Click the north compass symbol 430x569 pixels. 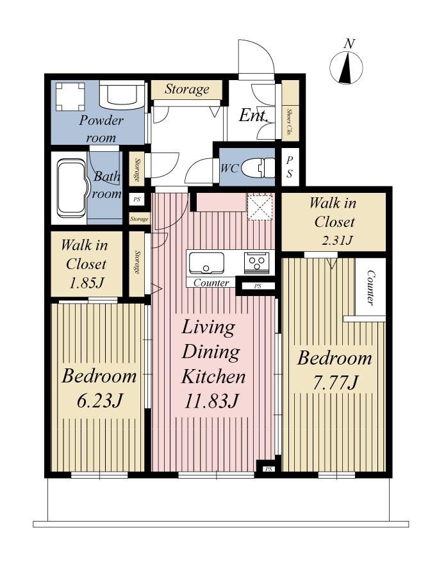pos(346,67)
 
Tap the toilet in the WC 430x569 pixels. pos(257,167)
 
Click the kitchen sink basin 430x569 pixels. pos(206,262)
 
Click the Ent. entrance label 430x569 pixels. pos(254,116)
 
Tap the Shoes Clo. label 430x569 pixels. pos(290,121)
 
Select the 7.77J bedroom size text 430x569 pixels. pos(335,383)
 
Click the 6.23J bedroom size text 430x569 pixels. pos(99,400)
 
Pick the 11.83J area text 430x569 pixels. pos(211,401)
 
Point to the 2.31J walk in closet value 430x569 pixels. pos(337,240)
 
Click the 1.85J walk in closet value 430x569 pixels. pos(87,283)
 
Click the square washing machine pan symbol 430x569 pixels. pos(70,97)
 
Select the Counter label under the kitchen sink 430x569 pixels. pos(211,283)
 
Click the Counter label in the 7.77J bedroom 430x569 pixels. pos(370,287)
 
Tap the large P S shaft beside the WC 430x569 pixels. pos(290,167)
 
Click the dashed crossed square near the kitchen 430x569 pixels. pos(259,207)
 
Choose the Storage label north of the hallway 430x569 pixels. pos(187,89)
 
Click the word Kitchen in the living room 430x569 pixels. pos(213,376)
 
